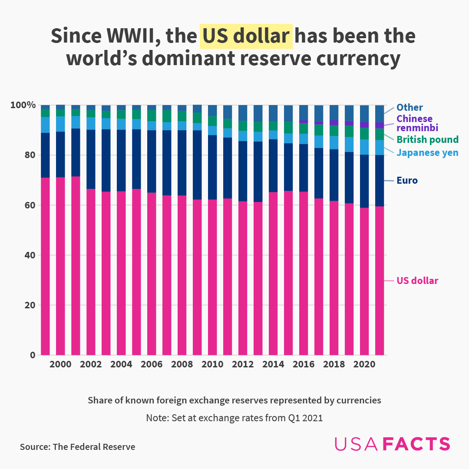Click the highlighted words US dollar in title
246,36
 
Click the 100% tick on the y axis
23,105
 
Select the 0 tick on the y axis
32,355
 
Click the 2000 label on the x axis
60,365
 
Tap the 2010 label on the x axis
212,365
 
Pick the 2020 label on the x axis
364,365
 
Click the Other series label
410,107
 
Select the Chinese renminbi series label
415,123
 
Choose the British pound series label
428,139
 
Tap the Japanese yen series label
427,152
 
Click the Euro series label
407,180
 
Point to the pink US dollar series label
417,281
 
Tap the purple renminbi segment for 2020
364,125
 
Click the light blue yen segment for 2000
60,124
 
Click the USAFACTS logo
392,444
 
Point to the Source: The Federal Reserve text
77,447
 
